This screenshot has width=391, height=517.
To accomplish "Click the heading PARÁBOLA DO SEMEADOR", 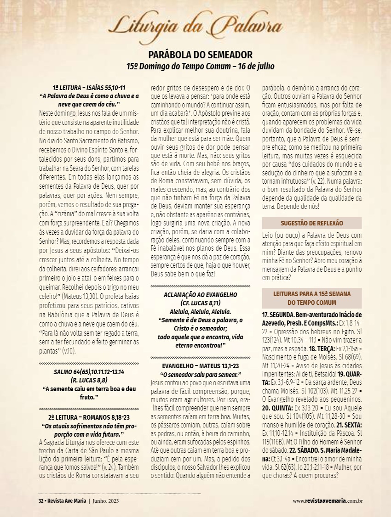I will (x=200, y=55).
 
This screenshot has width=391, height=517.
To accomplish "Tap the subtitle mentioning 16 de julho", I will (x=200, y=66).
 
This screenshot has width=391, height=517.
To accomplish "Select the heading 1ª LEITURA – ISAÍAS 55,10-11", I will (x=89, y=88).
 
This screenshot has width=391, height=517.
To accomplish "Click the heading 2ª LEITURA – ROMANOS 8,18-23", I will (x=89, y=417).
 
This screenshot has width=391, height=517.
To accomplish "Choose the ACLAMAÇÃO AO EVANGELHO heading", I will (x=200, y=294).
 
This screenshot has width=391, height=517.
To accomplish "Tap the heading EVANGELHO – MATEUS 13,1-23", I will (x=200, y=366).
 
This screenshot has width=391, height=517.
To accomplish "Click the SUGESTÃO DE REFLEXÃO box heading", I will (x=312, y=223).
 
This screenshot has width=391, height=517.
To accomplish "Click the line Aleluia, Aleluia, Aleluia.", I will (x=200, y=311).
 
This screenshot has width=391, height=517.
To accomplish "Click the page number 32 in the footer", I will (x=40, y=500).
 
